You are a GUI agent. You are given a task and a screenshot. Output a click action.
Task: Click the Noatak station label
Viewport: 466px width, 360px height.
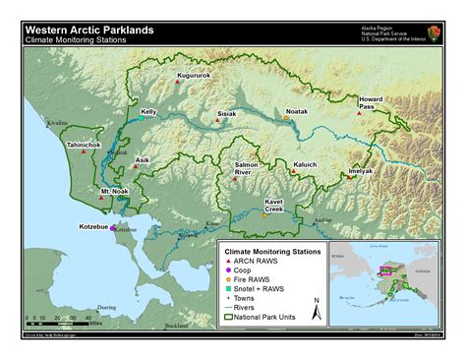[297, 113]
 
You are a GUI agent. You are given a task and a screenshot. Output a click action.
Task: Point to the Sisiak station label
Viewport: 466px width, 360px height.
[227, 114]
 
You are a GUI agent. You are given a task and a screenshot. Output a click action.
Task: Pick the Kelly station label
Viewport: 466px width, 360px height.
[148, 112]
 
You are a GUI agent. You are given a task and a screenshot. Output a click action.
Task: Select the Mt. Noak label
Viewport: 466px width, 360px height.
[115, 191]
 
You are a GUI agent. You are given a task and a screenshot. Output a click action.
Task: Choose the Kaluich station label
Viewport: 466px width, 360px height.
[305, 164]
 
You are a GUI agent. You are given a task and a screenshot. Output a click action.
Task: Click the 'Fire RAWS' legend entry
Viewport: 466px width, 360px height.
[258, 279]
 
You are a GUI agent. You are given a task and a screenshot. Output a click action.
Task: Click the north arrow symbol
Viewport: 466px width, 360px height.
[316, 309]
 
